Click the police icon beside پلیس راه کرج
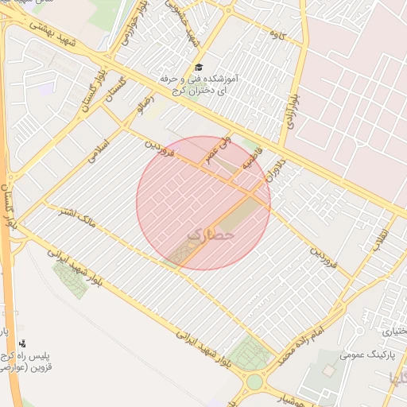coord(22,344)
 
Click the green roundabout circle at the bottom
coord(254,382)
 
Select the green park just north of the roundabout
coord(252,353)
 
